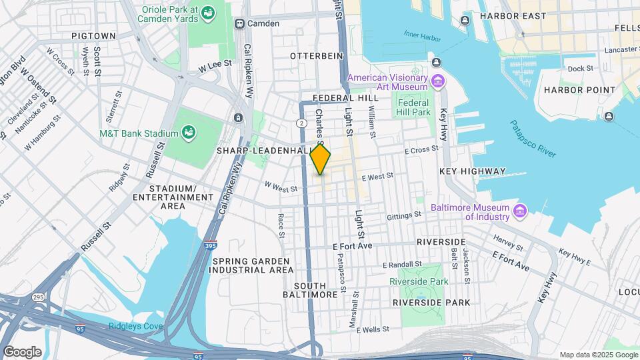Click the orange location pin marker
point(321,160)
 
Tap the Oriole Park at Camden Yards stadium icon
point(209,13)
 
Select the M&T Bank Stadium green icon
point(189,133)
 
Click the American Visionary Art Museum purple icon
point(438,82)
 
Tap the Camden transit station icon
point(239,23)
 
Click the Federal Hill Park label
point(414,107)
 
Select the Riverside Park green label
point(419,281)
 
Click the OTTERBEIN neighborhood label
point(316,56)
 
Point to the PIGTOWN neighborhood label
point(93,35)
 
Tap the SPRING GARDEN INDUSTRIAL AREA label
point(252,265)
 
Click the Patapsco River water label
point(533,139)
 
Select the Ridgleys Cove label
point(136,327)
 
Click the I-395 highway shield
point(211,246)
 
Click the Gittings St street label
point(405,215)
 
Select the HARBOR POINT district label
point(570,90)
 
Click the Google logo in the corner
point(22,351)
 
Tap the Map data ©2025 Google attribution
point(598,355)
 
